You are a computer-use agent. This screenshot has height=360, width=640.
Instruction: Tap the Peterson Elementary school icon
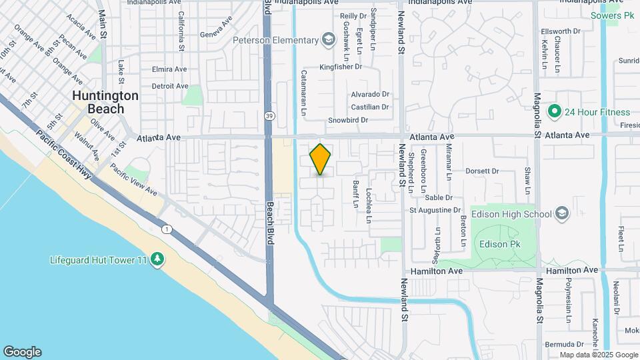coord(328,40)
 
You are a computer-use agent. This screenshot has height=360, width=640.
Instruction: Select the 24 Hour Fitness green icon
coord(553,111)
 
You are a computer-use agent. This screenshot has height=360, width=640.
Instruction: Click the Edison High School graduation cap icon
coord(562,214)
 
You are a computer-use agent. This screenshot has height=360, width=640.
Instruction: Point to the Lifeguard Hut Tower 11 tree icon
coord(157,259)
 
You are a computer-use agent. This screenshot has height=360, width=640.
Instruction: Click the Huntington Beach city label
coord(105,102)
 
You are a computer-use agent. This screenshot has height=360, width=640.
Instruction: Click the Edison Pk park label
coord(499,244)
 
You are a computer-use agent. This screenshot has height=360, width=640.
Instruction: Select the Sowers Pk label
coord(612,15)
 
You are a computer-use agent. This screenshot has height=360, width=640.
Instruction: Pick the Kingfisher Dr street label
coord(340,67)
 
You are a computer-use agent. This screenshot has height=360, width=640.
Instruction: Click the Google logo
coord(22,352)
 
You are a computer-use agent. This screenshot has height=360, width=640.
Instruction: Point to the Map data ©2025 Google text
coord(598,355)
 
